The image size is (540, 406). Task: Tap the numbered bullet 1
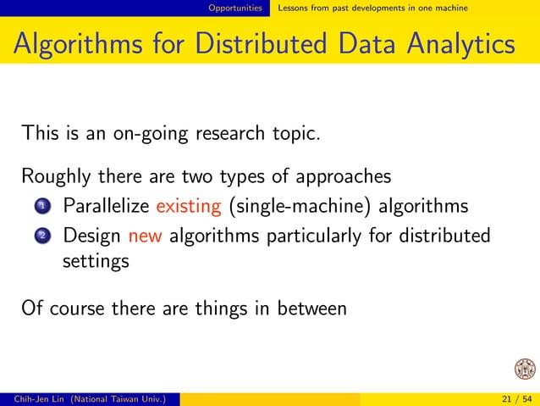point(42,207)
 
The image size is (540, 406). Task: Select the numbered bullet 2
point(42,235)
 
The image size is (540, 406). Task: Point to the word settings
point(96,261)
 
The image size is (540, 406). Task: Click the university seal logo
point(525,370)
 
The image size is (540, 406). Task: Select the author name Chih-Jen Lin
point(31,398)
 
